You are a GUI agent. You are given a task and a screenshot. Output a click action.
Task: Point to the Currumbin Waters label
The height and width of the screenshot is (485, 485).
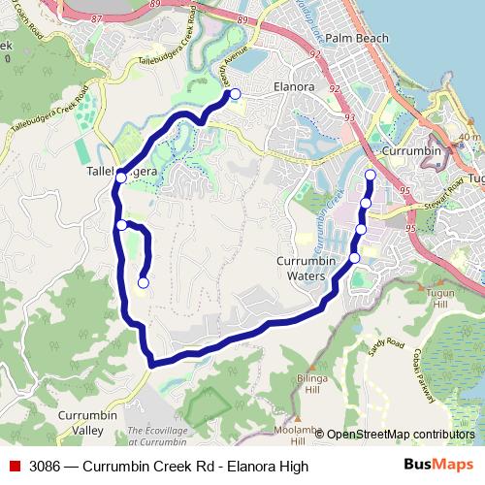[x=306, y=269]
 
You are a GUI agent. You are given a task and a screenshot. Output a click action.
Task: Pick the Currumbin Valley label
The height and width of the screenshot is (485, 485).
[x=87, y=422]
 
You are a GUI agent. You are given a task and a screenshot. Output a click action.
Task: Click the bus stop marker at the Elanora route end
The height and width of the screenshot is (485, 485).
[x=234, y=94]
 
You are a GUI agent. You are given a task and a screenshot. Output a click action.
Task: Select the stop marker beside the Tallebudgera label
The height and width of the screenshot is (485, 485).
[x=120, y=178]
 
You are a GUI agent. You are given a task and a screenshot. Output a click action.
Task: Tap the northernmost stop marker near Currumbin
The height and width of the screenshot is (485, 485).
[x=370, y=175]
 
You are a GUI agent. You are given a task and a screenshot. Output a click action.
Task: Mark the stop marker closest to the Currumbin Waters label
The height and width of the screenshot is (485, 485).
[x=354, y=257]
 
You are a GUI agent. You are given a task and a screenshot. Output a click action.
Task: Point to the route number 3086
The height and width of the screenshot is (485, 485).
[x=47, y=467]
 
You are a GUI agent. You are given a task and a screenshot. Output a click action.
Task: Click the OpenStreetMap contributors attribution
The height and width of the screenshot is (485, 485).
[x=401, y=435]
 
